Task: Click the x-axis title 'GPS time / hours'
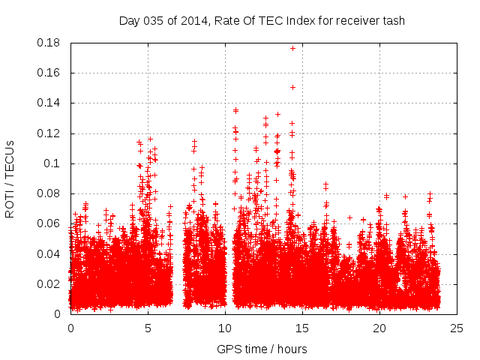[x=262, y=349]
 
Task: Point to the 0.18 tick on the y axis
[x=49, y=43]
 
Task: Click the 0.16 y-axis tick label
[x=49, y=73]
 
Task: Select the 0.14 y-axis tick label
[x=49, y=103]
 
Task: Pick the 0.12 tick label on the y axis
[x=49, y=133]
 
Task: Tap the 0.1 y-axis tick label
[x=52, y=163]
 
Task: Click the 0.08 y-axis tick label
[x=49, y=193]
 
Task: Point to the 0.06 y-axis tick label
[x=49, y=223]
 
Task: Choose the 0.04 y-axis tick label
[x=49, y=253]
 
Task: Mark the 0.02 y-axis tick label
[x=49, y=283]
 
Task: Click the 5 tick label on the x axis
[x=148, y=328]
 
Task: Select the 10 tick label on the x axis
[x=225, y=328]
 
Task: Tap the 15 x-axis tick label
[x=302, y=328]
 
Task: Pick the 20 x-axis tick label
[x=379, y=328]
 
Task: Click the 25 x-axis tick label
[x=457, y=328]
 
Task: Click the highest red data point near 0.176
[x=292, y=48]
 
